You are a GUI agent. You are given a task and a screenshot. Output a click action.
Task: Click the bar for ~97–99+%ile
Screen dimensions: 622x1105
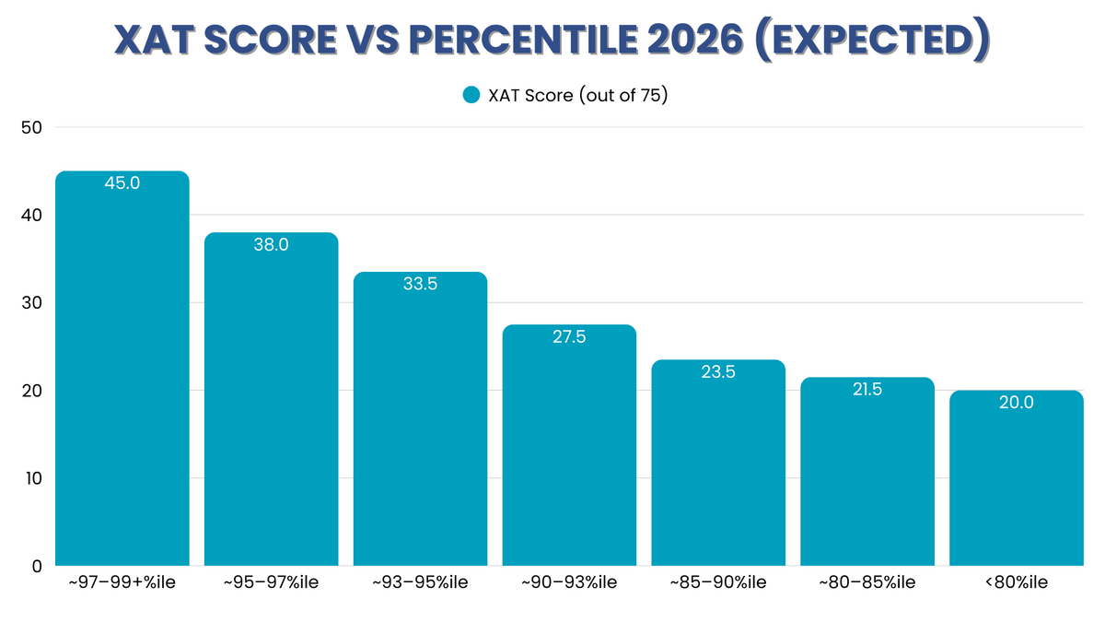(122, 369)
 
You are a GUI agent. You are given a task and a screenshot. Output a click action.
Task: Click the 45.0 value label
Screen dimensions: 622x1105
(122, 183)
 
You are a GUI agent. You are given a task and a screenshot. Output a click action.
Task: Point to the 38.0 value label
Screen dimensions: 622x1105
(271, 245)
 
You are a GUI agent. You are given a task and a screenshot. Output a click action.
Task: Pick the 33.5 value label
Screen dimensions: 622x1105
(420, 285)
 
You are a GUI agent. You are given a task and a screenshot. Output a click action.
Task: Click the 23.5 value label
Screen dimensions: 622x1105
(718, 372)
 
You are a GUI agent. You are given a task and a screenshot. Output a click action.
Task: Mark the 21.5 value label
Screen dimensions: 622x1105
(867, 390)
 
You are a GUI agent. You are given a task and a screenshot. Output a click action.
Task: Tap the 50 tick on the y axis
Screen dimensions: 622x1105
(30, 127)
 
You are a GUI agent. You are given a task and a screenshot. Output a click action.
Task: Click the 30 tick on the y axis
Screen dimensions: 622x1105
(30, 303)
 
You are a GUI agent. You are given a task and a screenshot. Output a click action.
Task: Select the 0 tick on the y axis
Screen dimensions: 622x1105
(36, 566)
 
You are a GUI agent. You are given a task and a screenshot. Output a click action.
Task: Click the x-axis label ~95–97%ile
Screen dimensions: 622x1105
(271, 582)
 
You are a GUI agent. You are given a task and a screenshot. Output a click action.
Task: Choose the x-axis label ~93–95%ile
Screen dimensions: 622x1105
(420, 582)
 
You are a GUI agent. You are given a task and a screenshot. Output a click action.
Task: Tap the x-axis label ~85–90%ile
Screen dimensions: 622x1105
(718, 582)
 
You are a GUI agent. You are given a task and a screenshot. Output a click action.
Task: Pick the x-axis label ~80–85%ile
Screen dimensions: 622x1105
(867, 582)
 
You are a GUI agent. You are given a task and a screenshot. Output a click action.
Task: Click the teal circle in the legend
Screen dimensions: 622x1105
(471, 95)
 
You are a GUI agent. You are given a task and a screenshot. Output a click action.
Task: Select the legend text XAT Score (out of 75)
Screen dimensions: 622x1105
(577, 95)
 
